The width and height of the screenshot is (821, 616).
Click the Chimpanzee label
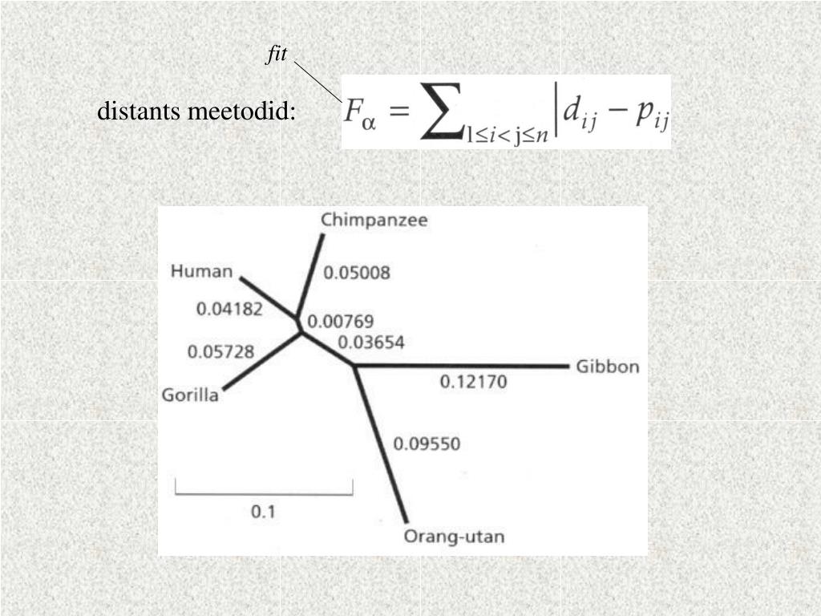tap(374, 221)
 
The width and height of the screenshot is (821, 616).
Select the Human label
tap(201, 271)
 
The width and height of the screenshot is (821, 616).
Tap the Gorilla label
tap(190, 395)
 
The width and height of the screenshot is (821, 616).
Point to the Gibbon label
tap(608, 367)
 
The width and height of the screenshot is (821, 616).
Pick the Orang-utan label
tap(454, 537)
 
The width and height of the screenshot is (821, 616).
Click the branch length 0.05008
tap(357, 273)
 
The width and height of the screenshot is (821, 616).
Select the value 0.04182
tap(229, 309)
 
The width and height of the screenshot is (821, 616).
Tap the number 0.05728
tap(220, 351)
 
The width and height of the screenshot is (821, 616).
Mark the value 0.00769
tap(341, 322)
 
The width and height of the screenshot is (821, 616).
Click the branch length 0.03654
tap(371, 342)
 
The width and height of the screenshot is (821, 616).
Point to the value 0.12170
tap(473, 383)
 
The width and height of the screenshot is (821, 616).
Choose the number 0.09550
tap(427, 444)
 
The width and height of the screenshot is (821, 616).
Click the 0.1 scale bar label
tap(264, 511)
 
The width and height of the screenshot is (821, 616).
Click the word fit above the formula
tap(277, 55)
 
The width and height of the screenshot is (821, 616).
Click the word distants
tap(139, 111)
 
